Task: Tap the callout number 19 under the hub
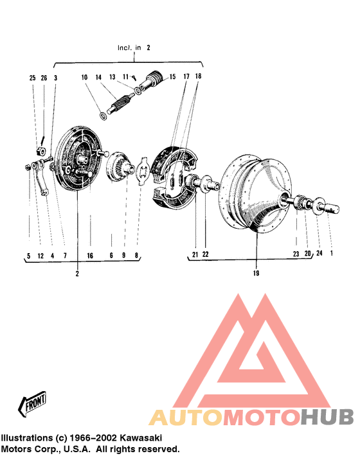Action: [256, 273]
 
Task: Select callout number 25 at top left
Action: [32, 78]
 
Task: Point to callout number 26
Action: [44, 78]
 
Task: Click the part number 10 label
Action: [84, 78]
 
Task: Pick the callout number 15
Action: [172, 77]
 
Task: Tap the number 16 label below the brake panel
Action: [91, 256]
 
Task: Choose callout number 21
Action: [195, 254]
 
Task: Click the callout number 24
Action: [319, 254]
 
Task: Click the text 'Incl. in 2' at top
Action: [134, 48]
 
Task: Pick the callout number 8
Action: [136, 256]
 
